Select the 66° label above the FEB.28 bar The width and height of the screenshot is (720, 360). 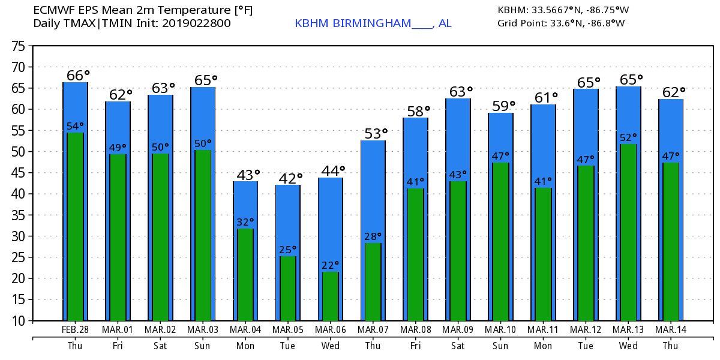coord(78,76)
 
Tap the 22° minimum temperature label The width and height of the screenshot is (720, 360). coord(331,265)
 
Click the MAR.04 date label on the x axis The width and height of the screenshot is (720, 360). coord(245,330)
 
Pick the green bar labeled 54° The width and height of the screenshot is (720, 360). coord(76,227)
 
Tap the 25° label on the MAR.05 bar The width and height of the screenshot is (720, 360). coord(288,250)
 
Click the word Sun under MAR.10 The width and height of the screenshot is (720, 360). coord(501,346)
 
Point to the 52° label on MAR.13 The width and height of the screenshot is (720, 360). coord(628,137)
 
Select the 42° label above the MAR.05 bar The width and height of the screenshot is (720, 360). coord(291,178)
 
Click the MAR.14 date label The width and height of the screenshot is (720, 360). coord(671,330)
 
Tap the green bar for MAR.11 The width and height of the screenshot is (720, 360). coord(544,254)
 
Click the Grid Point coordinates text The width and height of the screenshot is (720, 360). coord(561,23)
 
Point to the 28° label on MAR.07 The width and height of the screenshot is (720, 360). coord(373,236)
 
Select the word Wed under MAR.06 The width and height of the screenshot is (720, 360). coord(331,346)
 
